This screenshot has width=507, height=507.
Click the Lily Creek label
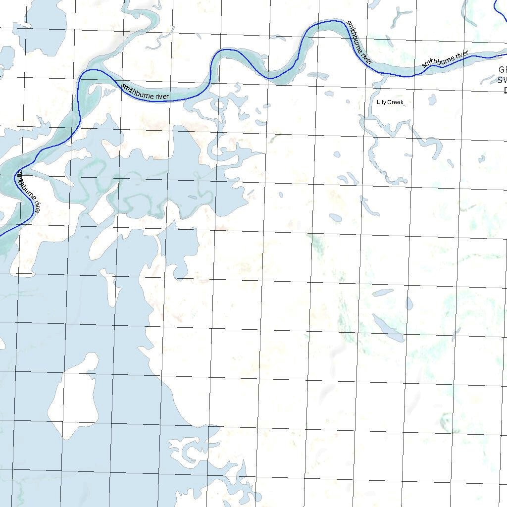[390, 102]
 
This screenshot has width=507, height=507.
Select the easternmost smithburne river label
[445, 59]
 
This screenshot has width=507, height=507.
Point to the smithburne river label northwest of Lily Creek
[359, 42]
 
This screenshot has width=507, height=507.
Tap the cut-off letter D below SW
[505, 90]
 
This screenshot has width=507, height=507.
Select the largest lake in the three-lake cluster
[388, 328]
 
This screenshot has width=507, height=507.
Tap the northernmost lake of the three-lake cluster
[382, 292]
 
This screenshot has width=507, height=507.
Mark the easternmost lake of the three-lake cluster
[409, 303]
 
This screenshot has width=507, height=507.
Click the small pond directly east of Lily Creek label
[432, 100]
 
